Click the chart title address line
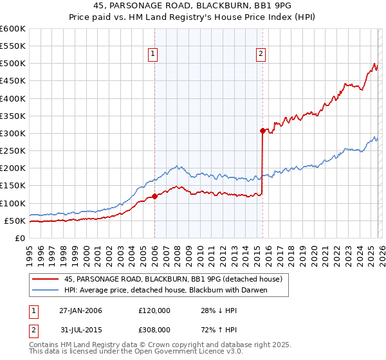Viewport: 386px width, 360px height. click(x=192, y=6)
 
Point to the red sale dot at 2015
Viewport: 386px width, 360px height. click(x=262, y=130)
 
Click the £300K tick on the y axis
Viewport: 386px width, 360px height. click(x=13, y=134)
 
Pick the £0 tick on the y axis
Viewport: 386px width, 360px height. click(x=21, y=238)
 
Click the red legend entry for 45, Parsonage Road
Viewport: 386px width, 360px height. click(x=173, y=279)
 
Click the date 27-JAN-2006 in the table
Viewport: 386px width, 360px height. click(x=80, y=310)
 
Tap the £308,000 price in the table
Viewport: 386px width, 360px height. click(x=154, y=329)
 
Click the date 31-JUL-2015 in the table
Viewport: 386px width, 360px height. click(x=80, y=329)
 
